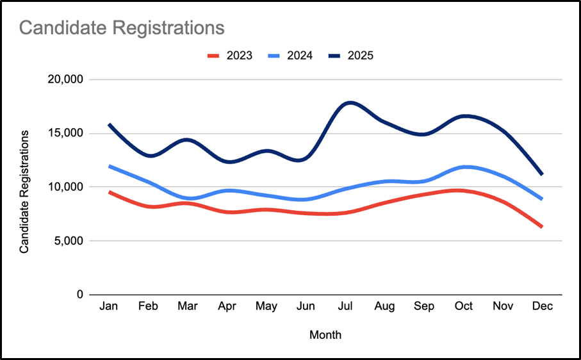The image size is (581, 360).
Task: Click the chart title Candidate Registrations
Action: tap(122, 28)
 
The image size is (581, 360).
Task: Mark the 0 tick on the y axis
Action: tap(80, 295)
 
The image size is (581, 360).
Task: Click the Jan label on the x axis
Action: tap(109, 307)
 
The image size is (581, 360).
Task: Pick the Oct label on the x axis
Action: tap(463, 307)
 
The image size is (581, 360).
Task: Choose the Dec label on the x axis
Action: tap(542, 307)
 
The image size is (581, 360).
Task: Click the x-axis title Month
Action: tap(325, 335)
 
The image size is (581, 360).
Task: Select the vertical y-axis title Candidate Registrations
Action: tap(24, 191)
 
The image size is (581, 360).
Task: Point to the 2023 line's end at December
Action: tap(542, 227)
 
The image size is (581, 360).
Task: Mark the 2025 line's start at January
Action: tap(110, 125)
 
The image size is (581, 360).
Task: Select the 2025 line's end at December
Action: tap(542, 174)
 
